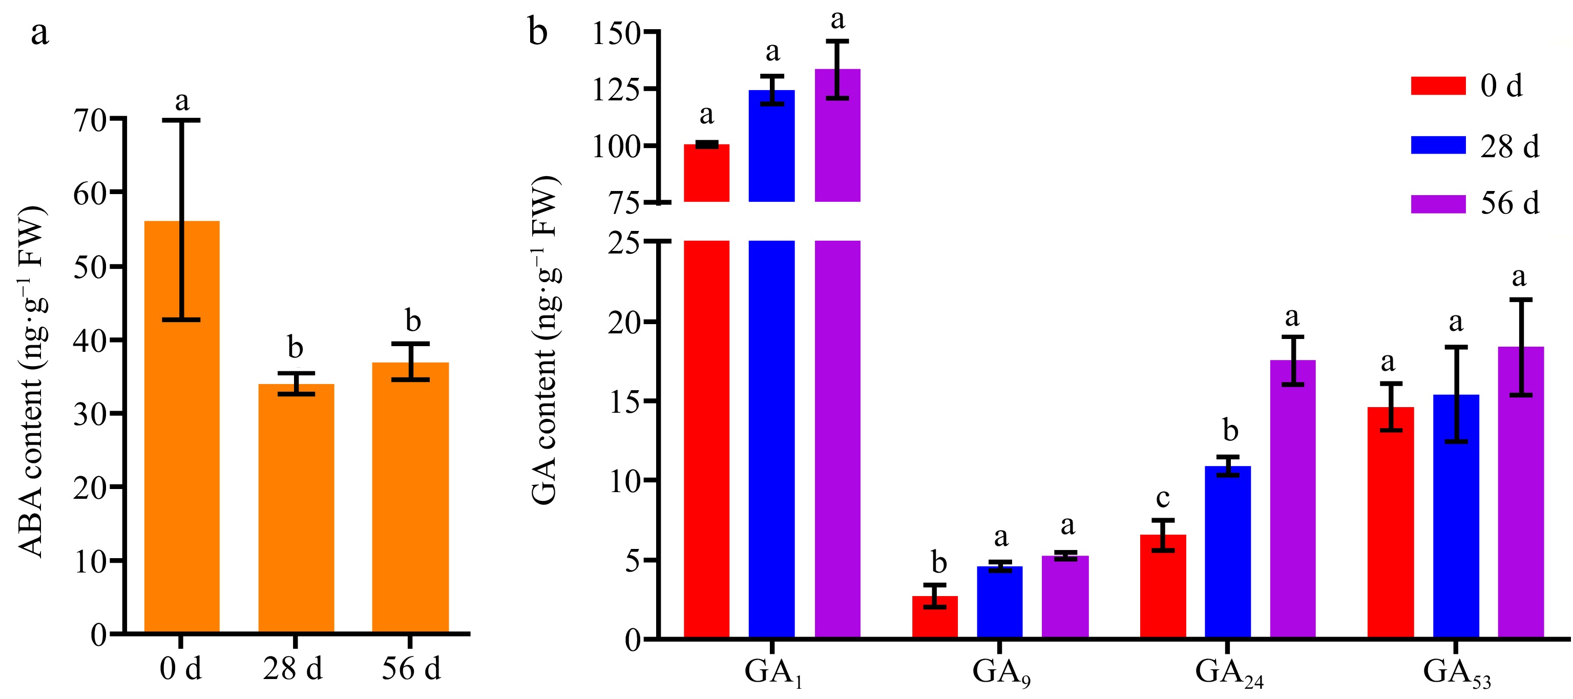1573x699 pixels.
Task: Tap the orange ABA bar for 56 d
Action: coord(410,498)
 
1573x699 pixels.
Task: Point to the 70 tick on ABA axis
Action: coord(90,120)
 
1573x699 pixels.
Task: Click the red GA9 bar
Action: coord(934,617)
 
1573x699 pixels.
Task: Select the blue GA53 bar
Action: coord(1456,516)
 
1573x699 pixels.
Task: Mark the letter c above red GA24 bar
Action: coord(1163,498)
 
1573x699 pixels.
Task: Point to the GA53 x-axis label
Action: coord(1456,673)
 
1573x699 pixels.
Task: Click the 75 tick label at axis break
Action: coord(624,203)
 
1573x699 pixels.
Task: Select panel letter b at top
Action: coord(537,32)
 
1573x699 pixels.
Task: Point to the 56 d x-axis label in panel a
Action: coord(410,668)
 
